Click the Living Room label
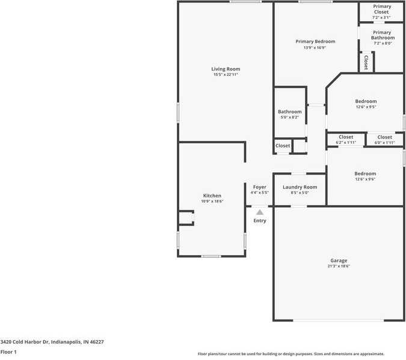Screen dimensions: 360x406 pos(226,69)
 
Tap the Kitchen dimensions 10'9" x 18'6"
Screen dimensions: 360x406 pos(212,202)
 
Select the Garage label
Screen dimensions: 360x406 pos(339,261)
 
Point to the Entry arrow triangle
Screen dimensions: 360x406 pos(259,212)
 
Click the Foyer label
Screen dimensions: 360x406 pos(259,187)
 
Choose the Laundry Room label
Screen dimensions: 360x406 pos(300,187)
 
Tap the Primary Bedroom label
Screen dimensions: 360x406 pos(315,42)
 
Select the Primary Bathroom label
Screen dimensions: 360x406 pos(381,35)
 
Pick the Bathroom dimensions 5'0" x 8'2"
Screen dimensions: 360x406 pos(290,117)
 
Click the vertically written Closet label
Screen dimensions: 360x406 pos(366,62)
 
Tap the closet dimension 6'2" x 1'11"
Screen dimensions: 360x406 pos(346,143)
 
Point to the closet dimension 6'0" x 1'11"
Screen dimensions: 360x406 pos(385,143)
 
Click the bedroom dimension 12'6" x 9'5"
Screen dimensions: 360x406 pos(366,107)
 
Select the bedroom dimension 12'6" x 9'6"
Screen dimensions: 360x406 pos(365,179)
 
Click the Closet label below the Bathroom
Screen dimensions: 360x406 pos(283,146)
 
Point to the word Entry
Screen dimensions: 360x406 pos(259,221)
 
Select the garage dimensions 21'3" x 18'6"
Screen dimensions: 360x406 pos(339,266)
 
